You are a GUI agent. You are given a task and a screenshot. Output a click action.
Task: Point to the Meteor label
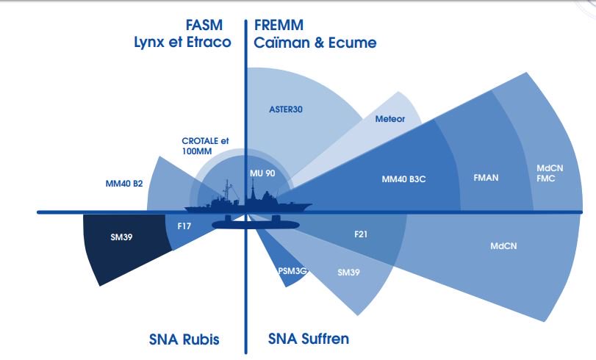tap(389, 118)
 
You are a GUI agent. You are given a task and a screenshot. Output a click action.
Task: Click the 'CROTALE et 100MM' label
tap(206, 145)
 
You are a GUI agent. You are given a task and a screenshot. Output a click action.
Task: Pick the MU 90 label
tap(262, 173)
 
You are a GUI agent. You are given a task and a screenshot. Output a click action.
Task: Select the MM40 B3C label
tap(404, 179)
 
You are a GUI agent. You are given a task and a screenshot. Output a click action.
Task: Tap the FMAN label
tap(484, 178)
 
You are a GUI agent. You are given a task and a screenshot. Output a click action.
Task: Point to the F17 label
tap(184, 228)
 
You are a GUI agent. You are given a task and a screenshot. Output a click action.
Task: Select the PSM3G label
tap(292, 270)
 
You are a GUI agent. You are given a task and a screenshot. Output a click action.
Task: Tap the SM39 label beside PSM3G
tap(348, 273)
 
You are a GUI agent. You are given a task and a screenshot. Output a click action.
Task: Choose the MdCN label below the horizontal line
tap(503, 245)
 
